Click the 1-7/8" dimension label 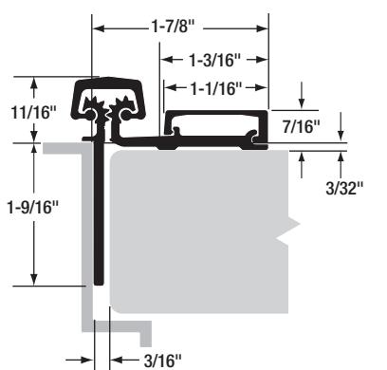[x=172, y=27]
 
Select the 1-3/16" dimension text [x=215, y=60]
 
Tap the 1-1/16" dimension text [x=216, y=88]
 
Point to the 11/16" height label [x=33, y=112]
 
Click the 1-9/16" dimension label [x=33, y=208]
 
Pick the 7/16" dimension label [x=302, y=127]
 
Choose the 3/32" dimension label [x=344, y=189]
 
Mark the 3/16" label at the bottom [x=163, y=361]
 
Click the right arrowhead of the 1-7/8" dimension [x=263, y=28]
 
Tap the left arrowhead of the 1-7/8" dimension [x=99, y=28]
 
